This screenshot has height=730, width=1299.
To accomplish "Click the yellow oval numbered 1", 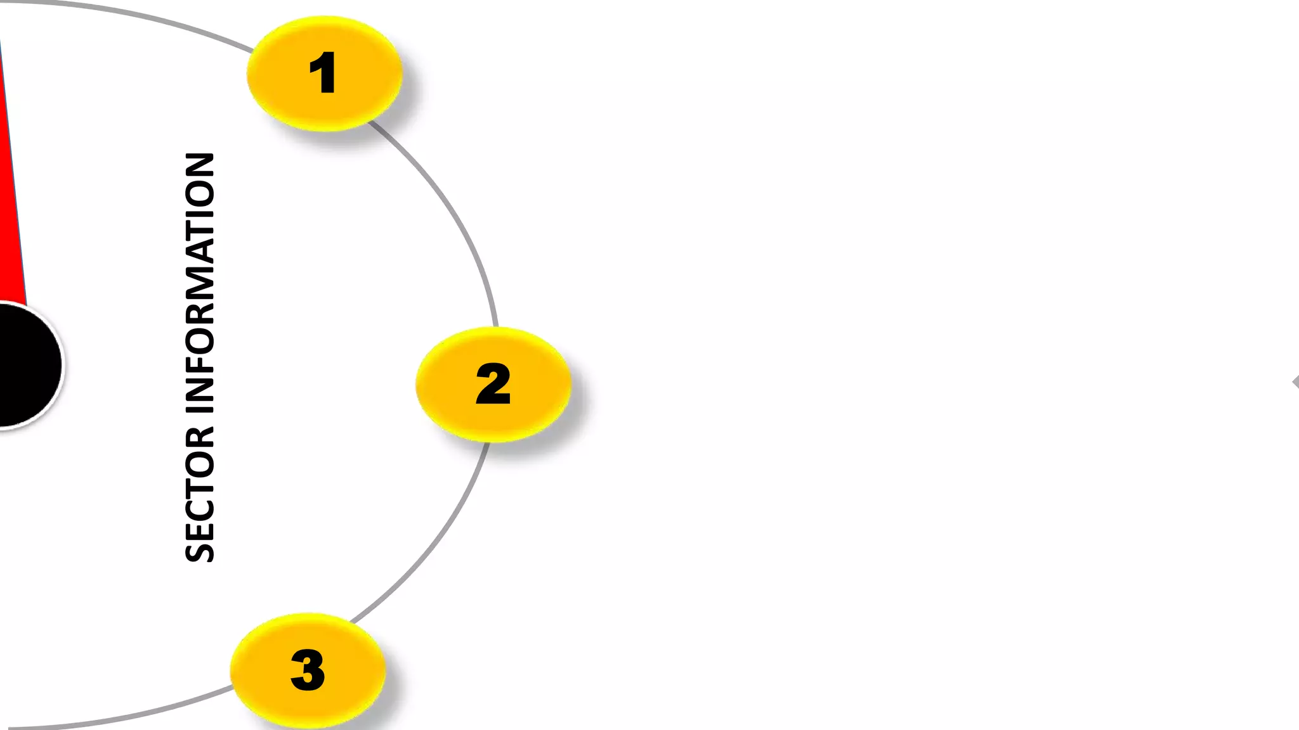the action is pyautogui.click(x=324, y=74).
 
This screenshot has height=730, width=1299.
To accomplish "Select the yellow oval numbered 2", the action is pyautogui.click(x=493, y=384).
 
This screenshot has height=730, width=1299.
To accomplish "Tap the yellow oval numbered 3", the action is pyautogui.click(x=308, y=670).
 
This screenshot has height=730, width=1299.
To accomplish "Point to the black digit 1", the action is pyautogui.click(x=323, y=73).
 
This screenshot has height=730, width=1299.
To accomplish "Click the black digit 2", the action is pyautogui.click(x=493, y=384).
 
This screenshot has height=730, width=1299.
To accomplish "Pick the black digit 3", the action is pyautogui.click(x=308, y=670).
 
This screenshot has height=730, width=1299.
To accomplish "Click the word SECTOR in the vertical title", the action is pyautogui.click(x=200, y=494).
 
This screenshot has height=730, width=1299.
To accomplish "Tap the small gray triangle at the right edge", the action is pyautogui.click(x=1295, y=382).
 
